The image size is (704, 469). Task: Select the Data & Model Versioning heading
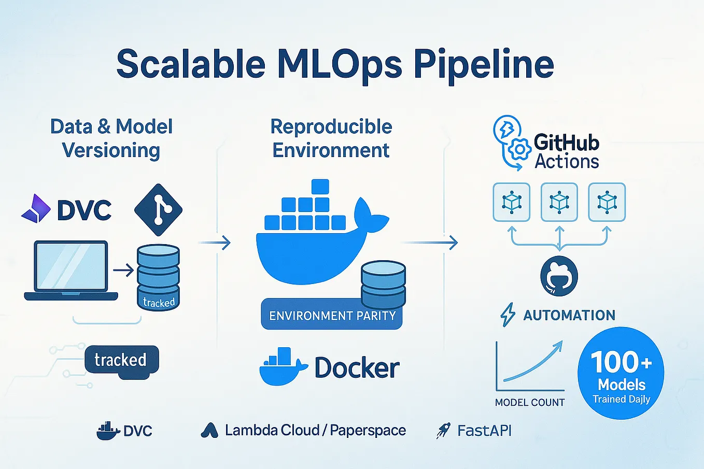click(111, 138)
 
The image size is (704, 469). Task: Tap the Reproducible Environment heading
click(331, 138)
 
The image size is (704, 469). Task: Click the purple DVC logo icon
click(36, 209)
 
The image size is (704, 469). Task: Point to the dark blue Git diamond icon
click(158, 210)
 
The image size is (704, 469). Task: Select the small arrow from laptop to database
click(123, 270)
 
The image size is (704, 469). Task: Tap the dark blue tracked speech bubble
click(121, 360)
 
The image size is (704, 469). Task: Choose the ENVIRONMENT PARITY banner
click(332, 316)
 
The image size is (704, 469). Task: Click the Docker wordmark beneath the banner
click(357, 368)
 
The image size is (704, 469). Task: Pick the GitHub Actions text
click(566, 152)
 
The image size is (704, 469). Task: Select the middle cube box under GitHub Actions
click(559, 202)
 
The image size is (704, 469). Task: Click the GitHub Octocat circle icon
click(559, 276)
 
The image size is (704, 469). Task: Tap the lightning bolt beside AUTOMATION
click(508, 315)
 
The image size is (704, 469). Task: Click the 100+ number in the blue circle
click(621, 362)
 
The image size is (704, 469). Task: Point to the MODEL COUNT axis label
click(529, 403)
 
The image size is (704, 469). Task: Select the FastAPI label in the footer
click(484, 431)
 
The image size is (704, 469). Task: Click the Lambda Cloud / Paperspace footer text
click(315, 431)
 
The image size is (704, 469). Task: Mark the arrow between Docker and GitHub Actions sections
click(430, 242)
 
